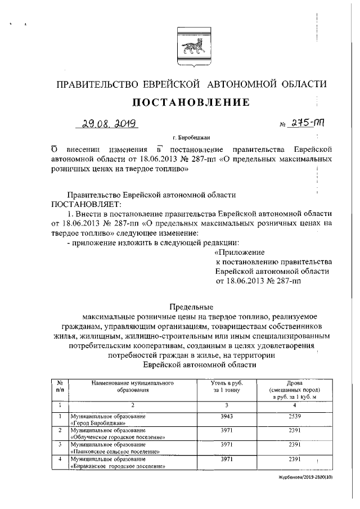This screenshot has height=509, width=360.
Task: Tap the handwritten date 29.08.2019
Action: pyautogui.click(x=106, y=123)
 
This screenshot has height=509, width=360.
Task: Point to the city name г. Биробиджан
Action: pyautogui.click(x=192, y=137)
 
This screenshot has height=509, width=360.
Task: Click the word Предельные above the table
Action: pyautogui.click(x=191, y=307)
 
